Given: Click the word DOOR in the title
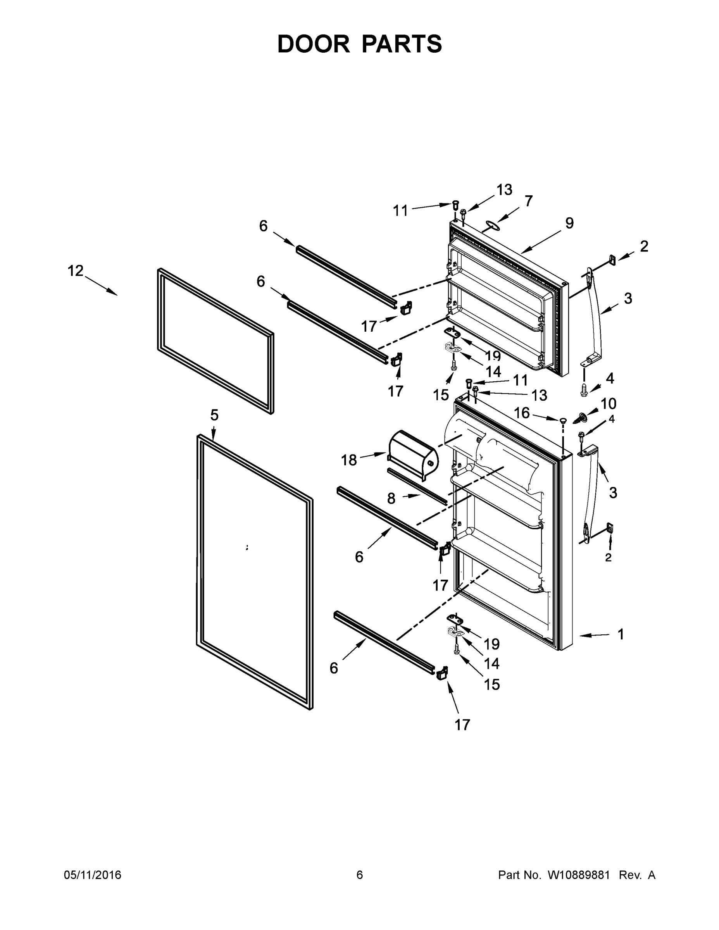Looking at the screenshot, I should [313, 44].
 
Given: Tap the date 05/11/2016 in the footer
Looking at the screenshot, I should [92, 875].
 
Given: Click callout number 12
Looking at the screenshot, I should [76, 270].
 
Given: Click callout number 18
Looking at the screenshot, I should [349, 460].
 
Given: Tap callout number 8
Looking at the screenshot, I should [391, 498].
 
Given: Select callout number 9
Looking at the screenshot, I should [569, 223].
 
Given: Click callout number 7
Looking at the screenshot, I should [529, 201].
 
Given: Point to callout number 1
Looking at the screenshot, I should [621, 634].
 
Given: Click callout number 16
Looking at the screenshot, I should [522, 413].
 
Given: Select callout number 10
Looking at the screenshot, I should [608, 403].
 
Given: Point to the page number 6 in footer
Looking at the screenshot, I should [360, 875].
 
